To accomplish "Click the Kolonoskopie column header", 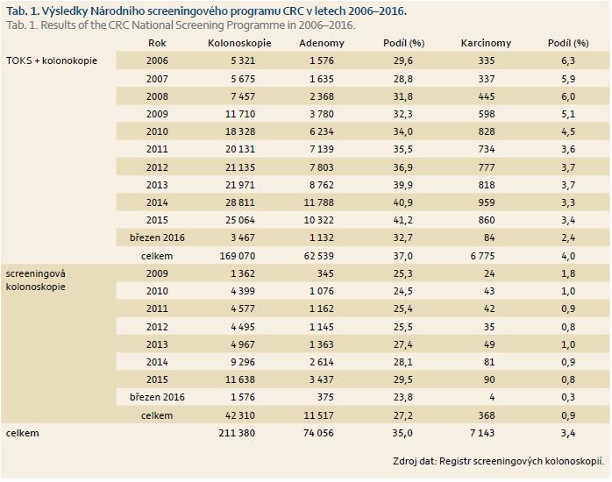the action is click(x=239, y=43).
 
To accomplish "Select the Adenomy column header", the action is click(x=322, y=43).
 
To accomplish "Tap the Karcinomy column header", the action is click(x=486, y=43).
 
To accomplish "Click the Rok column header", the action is click(x=157, y=43).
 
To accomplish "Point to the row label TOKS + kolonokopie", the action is click(x=52, y=60).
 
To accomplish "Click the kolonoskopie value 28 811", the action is click(x=240, y=202).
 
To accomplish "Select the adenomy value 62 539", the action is click(x=318, y=256).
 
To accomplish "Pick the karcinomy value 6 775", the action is click(x=482, y=256).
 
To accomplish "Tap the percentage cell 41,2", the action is click(x=402, y=220).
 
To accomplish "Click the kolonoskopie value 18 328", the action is click(x=240, y=131).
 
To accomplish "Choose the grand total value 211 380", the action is click(x=237, y=433).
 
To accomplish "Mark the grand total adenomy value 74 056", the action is click(x=318, y=433).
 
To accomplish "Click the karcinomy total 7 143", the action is click(x=482, y=433).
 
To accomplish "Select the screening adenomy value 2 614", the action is click(x=322, y=362).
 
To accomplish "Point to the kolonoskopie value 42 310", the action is click(x=240, y=415).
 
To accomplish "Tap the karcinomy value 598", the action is click(x=487, y=114).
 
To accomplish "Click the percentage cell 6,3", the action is click(x=568, y=60).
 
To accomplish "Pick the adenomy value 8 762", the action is click(x=322, y=185).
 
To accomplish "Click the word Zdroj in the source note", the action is click(x=405, y=461).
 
